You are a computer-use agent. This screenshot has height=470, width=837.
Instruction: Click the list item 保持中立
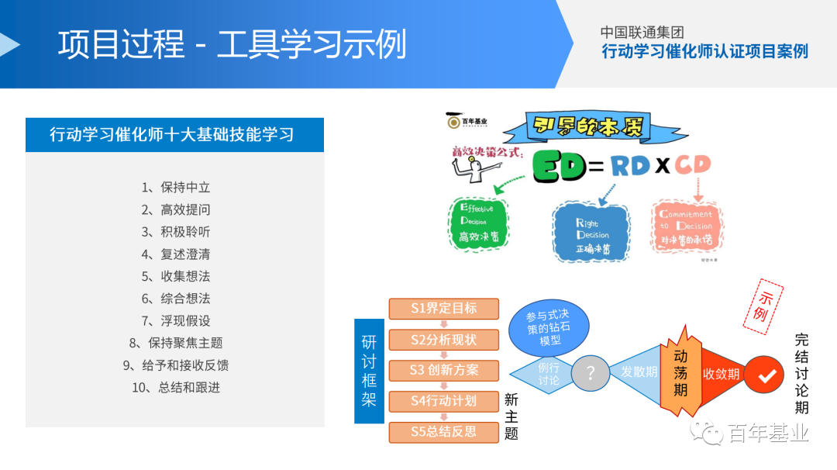coord(176,188)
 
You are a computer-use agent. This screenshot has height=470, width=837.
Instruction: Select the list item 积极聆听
coord(176,232)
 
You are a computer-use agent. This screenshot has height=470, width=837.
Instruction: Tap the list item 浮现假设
coord(176,320)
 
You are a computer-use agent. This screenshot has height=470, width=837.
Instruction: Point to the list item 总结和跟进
coord(176,387)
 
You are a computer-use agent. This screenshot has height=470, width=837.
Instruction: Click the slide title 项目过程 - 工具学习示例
coord(232,44)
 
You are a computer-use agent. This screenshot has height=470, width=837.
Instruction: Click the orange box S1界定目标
coord(444,309)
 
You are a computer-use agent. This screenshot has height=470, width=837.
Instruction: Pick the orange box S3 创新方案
coord(444,370)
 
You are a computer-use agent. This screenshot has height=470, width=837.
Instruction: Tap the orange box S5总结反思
coord(444,432)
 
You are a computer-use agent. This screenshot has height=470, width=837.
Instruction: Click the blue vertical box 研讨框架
coord(369,372)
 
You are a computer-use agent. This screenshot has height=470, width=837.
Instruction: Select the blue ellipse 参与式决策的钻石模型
coord(549,328)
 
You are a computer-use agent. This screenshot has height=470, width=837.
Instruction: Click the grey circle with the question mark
coord(591,374)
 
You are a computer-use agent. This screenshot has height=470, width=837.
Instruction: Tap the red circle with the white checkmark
coord(766,375)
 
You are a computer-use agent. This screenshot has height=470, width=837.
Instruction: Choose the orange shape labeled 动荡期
coord(680,372)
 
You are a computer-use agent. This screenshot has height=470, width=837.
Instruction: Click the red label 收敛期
coord(721,375)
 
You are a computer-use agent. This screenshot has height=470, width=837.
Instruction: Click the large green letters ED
coord(559,166)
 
